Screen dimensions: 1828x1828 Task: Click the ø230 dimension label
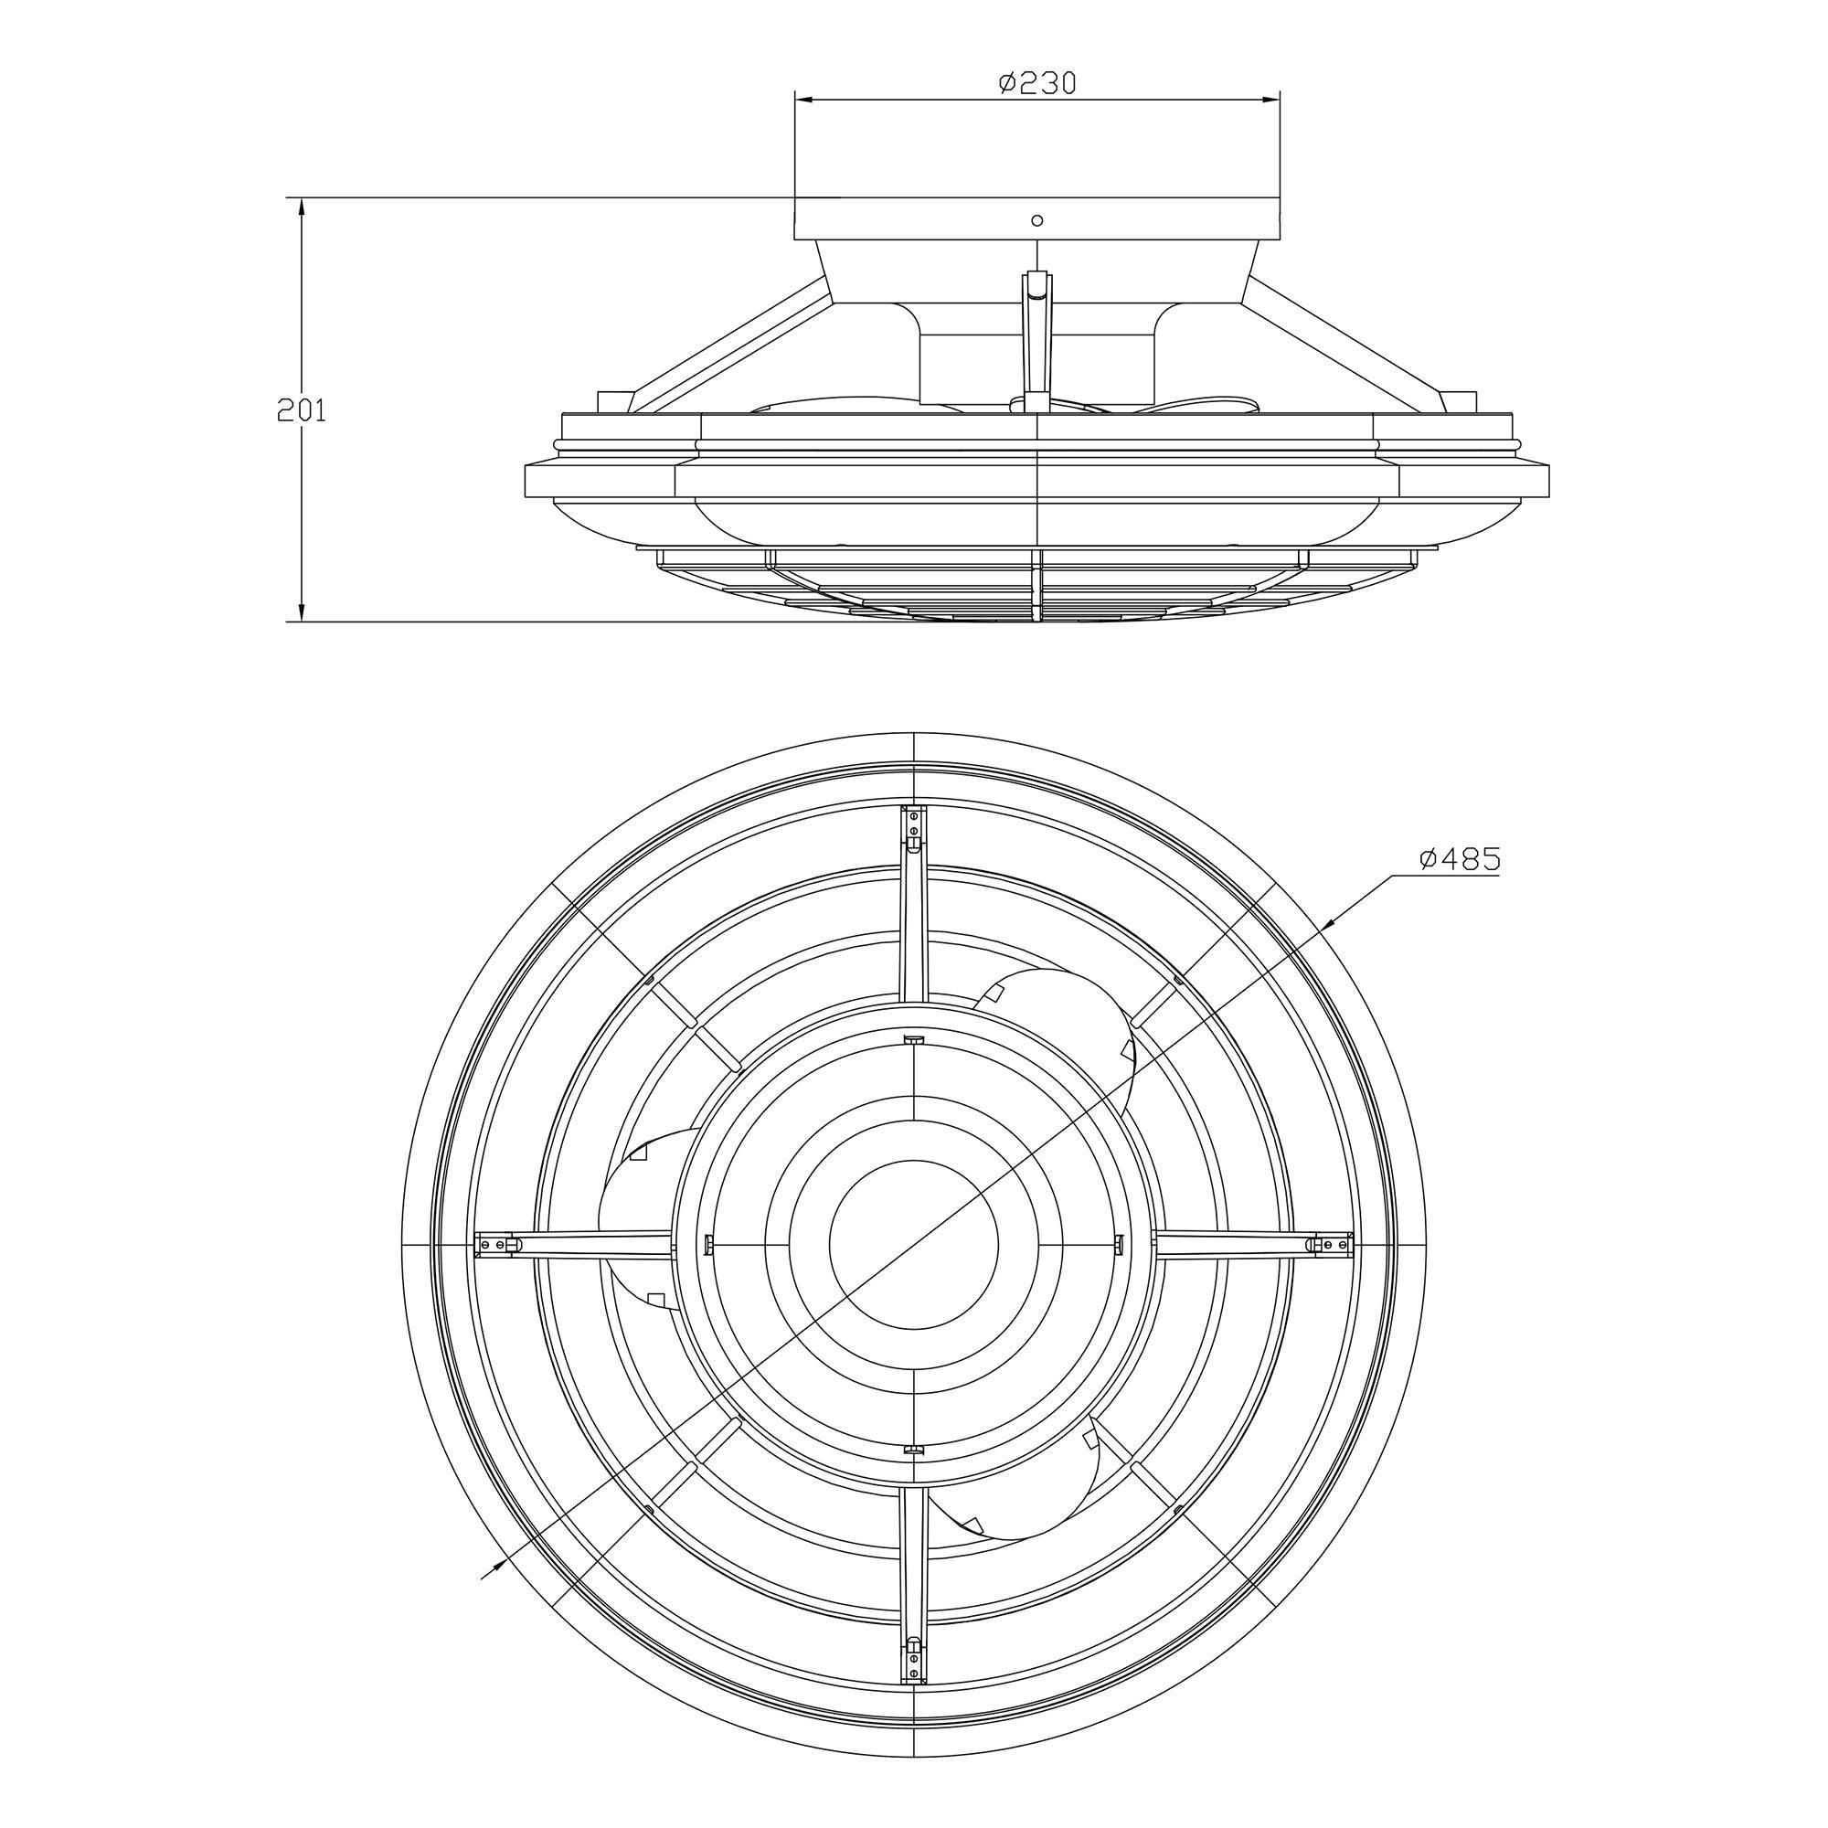point(1038,83)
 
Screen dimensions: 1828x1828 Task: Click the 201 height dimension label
point(301,410)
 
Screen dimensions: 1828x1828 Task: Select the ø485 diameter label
point(1460,859)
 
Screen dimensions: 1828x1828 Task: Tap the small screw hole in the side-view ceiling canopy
point(1037,220)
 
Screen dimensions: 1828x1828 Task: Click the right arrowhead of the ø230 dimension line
point(1270,98)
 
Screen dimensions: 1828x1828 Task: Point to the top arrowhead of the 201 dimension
point(301,208)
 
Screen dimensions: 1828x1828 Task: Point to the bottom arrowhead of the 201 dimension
point(301,611)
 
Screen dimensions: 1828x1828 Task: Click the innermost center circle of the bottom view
point(913,1242)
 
